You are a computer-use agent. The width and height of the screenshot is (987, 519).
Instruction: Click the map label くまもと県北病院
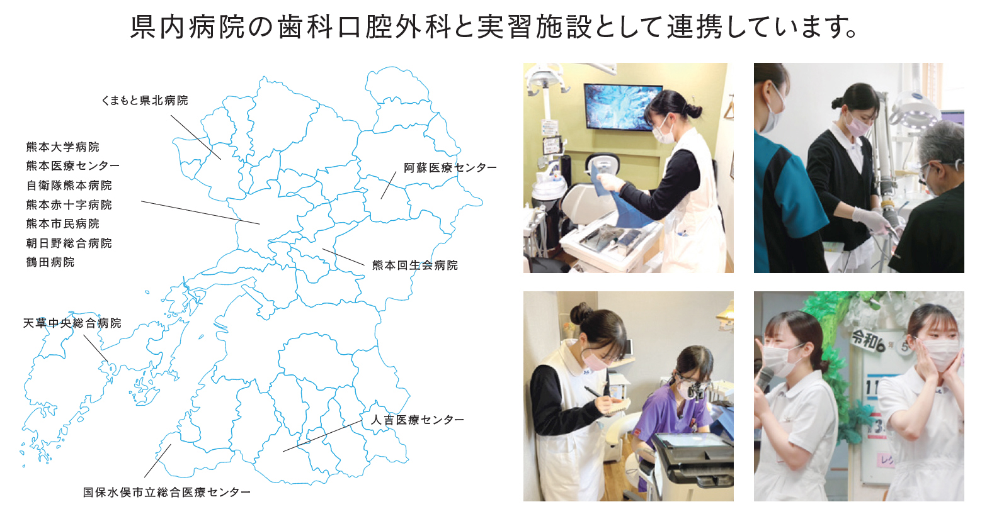tap(144, 101)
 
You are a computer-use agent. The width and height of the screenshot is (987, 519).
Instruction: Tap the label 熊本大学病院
tap(62, 147)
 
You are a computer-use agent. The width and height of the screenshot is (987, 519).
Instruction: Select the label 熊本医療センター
tap(72, 166)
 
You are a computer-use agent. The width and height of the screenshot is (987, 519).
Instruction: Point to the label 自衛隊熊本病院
tap(69, 186)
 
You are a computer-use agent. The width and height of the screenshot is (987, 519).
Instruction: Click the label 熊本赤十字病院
tap(69, 205)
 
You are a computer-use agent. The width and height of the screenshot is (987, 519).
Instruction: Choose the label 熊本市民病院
tap(62, 224)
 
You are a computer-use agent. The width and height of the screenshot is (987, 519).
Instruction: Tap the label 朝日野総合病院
tap(69, 243)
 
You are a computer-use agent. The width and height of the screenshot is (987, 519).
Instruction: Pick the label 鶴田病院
tap(50, 262)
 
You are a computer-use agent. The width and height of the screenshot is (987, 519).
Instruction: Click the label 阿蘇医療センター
tap(450, 168)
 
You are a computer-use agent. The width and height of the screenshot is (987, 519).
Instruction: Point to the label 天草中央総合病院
tap(72, 323)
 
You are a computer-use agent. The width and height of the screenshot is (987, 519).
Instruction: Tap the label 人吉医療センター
tap(417, 420)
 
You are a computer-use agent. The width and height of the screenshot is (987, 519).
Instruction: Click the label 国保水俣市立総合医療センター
tap(166, 493)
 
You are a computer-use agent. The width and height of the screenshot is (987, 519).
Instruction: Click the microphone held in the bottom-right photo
tap(765, 378)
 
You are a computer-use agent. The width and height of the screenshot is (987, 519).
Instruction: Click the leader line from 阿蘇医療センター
tap(389, 185)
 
